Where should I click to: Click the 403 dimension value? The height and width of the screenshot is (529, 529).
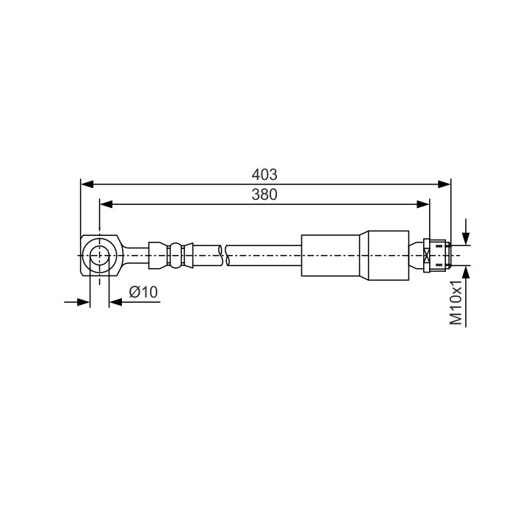coord(264,174)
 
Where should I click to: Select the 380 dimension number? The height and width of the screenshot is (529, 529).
coord(264,194)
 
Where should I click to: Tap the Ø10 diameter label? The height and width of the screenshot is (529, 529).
coord(143,292)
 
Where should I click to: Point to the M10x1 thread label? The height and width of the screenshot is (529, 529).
coord(456,302)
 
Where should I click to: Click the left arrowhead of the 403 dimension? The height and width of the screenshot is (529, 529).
coord(87,184)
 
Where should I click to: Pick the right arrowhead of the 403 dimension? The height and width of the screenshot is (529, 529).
coord(445,184)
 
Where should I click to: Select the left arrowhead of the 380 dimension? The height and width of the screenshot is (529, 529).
coord(107,204)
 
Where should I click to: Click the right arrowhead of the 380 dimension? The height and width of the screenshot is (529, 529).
coord(423,204)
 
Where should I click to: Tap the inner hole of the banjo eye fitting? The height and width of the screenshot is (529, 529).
coord(99,256)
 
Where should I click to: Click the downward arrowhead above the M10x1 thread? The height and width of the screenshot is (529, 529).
coord(466,239)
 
